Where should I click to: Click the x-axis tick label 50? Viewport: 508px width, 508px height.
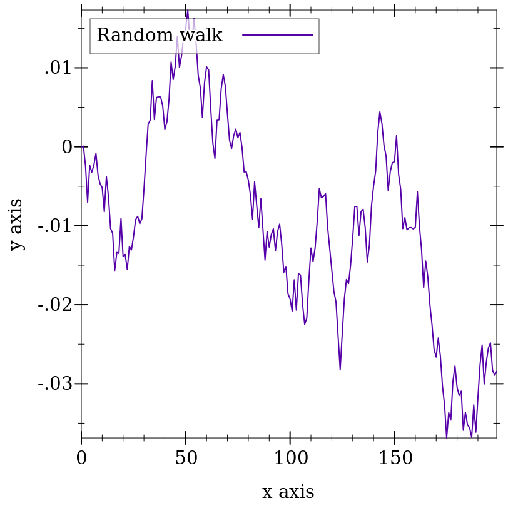point(186,459)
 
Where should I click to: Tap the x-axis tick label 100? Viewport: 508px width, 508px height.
point(290,459)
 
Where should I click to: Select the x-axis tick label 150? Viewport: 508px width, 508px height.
point(395,459)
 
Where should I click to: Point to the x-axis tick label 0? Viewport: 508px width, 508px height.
point(81,459)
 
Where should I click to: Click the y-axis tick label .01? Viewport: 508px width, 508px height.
point(58,68)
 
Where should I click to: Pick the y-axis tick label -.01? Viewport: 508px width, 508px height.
point(55,226)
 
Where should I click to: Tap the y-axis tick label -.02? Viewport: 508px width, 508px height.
point(55,305)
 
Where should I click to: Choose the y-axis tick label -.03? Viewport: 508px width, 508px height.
point(55,384)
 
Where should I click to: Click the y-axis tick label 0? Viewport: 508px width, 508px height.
point(66,147)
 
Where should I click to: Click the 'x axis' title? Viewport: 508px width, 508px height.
point(288,492)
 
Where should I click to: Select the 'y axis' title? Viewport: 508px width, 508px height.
point(16,225)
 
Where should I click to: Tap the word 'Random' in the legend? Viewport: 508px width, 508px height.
point(135,36)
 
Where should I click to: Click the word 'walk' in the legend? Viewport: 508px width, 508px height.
point(200,36)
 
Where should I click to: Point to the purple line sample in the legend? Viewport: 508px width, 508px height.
point(278,36)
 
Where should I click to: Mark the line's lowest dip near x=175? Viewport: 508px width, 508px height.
point(447,437)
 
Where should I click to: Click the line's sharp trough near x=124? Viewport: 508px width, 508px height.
point(340,370)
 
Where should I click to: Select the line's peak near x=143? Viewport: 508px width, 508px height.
point(380,112)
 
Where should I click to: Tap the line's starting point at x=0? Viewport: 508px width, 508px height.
point(82,146)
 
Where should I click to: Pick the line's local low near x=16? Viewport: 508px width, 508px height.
point(114,270)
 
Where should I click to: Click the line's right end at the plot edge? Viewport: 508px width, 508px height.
point(496,372)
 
